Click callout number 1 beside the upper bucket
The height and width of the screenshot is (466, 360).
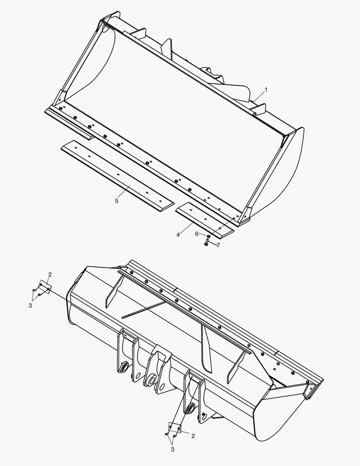coord(266,90)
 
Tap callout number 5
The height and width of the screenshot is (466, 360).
coord(117,201)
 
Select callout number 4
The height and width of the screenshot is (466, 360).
coord(178,235)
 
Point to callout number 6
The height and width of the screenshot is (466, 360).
coord(197,233)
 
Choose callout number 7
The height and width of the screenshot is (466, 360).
coord(218,245)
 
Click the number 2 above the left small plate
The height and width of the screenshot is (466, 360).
coord(50,274)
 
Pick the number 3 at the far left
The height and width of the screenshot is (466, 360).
coord(30,305)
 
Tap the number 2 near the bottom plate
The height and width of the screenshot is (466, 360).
coord(193,436)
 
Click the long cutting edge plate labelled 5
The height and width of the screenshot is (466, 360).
coord(116,173)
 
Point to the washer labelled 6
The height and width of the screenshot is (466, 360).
coord(209,236)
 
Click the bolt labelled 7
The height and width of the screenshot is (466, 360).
coord(206,244)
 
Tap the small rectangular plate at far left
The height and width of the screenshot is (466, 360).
coord(45,287)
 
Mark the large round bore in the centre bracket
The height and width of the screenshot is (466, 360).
coord(152,380)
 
